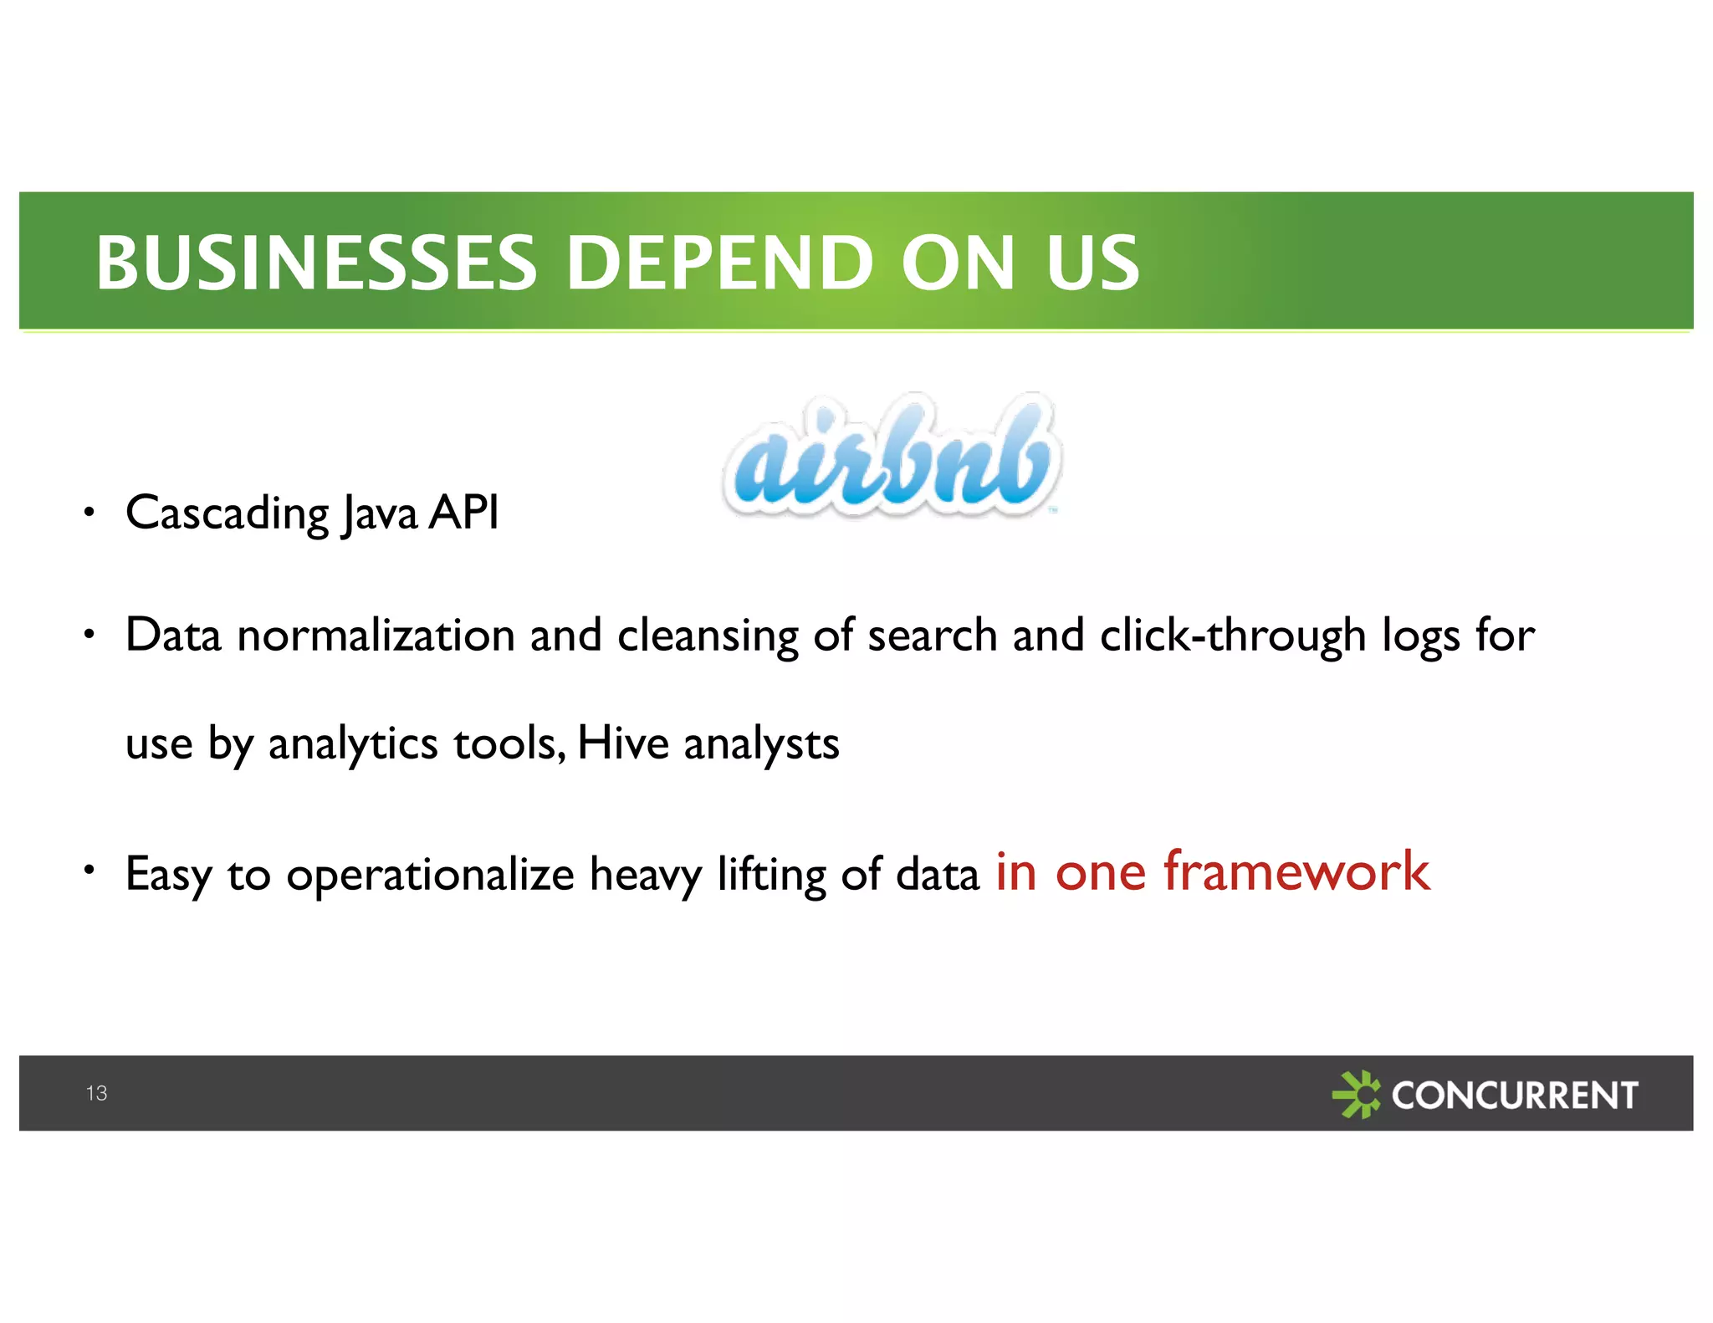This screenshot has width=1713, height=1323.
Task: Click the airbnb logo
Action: click(892, 456)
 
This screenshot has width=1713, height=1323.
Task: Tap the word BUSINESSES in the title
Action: click(316, 263)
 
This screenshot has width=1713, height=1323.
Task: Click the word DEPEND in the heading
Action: click(719, 263)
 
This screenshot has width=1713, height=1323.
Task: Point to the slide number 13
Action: click(96, 1093)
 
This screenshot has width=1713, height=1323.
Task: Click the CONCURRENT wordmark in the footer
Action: click(1514, 1095)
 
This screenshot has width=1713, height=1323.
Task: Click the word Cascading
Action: click(227, 513)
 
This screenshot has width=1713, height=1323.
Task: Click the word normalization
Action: click(376, 636)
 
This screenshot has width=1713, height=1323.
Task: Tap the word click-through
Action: click(1233, 636)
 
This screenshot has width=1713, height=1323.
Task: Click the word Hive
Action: click(623, 743)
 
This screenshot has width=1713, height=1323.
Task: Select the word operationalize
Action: click(430, 875)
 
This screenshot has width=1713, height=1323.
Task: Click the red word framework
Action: click(1296, 871)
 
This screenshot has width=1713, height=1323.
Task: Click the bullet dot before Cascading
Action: click(89, 512)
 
